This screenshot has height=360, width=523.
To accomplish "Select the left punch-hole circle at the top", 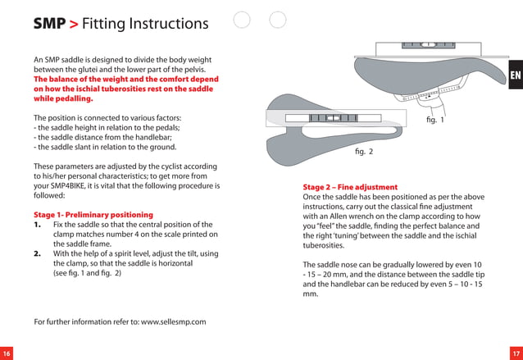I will [x=241, y=20].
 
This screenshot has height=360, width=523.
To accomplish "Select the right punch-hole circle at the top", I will [x=278, y=20].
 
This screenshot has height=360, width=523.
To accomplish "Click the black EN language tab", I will [x=515, y=76].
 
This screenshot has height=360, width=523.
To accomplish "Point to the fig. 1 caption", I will [x=435, y=121].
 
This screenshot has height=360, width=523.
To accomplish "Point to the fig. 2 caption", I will [x=364, y=152].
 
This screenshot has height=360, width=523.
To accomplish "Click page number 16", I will [x=7, y=353].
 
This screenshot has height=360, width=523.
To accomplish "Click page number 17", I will [x=516, y=353].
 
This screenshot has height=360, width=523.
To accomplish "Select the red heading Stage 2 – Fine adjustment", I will [x=350, y=187].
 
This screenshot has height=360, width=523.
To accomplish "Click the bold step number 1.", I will [x=38, y=225].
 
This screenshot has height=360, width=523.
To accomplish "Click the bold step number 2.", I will [x=38, y=253].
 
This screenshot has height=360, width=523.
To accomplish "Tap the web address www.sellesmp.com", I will [x=173, y=321].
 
